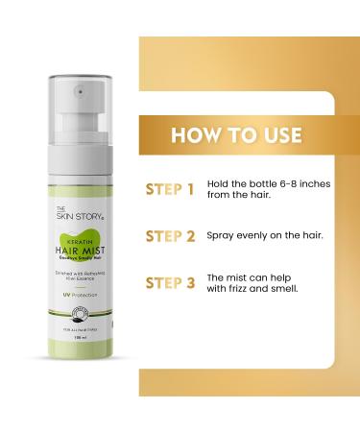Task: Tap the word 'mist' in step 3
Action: [246, 275]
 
